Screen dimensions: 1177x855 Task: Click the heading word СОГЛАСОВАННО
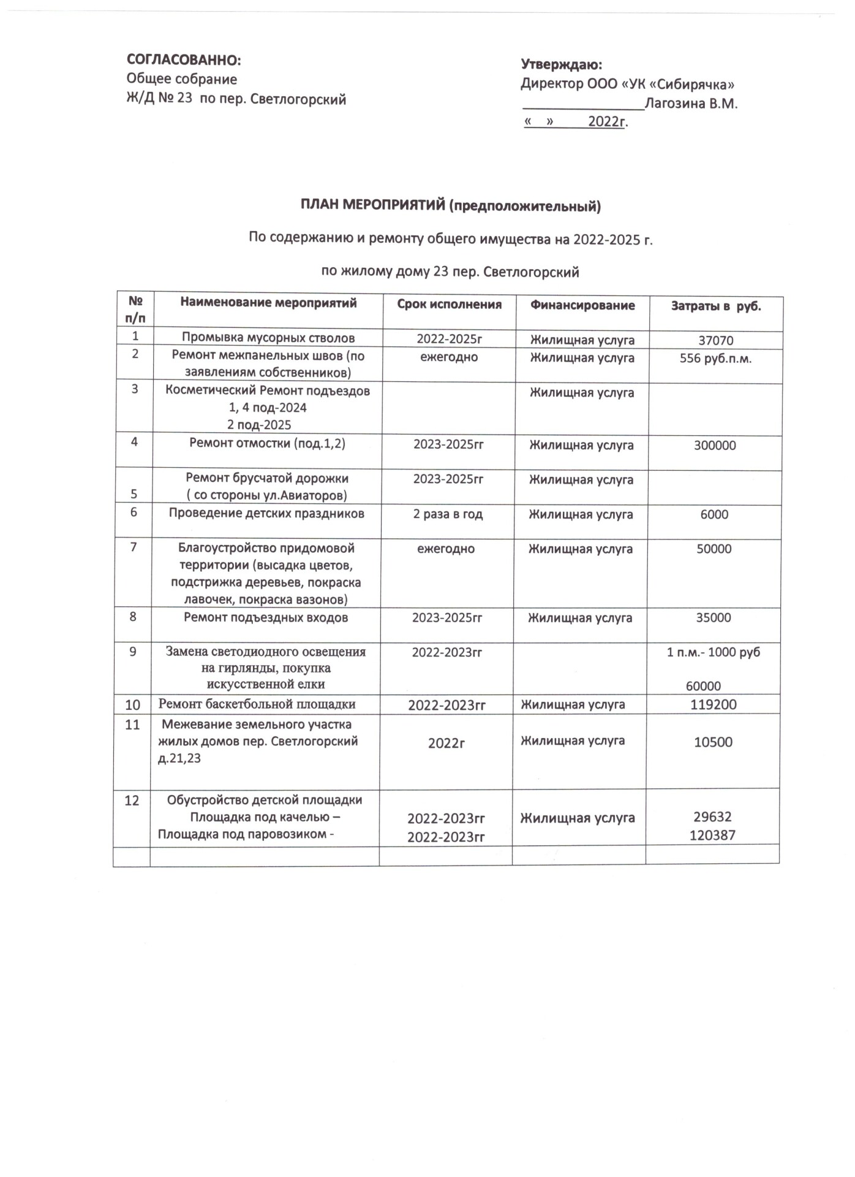[184, 60]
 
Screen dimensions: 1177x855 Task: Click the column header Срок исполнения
[449, 305]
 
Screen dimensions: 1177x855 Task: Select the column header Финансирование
[582, 305]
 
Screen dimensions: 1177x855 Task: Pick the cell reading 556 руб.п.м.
[715, 359]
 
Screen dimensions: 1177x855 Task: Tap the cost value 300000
[715, 446]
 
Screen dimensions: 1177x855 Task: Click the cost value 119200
[714, 705]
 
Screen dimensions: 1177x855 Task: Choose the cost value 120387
[712, 834]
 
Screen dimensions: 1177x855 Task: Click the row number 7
[134, 547]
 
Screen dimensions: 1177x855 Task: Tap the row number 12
[132, 801]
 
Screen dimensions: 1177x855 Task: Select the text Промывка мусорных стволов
[268, 338]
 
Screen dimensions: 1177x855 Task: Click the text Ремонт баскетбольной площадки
[257, 704]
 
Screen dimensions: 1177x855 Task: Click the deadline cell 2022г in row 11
[446, 742]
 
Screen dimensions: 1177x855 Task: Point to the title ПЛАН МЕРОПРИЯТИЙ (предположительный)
[450, 207]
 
